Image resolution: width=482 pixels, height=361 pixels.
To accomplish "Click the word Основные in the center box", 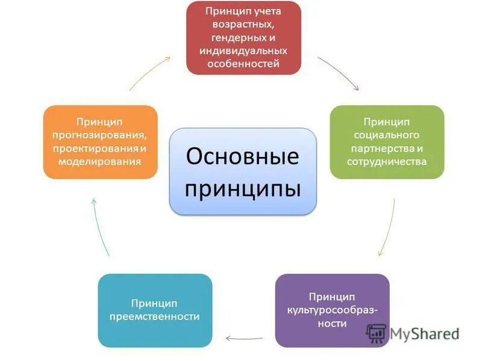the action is click(243, 156).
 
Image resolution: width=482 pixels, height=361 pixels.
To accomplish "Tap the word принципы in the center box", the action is click(243, 188).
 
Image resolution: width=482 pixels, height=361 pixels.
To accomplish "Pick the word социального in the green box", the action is click(386, 135).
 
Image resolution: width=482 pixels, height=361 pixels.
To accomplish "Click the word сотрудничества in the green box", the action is click(386, 161).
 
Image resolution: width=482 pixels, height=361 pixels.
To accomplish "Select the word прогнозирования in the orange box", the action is click(100, 135).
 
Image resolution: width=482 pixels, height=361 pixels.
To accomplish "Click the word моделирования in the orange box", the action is click(100, 161).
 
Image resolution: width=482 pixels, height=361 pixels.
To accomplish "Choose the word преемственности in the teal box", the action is click(155, 316).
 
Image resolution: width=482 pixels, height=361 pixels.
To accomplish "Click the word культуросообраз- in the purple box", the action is click(332, 310).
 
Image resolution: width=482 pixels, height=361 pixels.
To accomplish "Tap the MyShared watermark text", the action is click(424, 333).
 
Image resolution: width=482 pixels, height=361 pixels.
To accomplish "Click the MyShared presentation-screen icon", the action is click(377, 333).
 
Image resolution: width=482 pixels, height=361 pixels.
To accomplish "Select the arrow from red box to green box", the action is click(338, 73).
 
